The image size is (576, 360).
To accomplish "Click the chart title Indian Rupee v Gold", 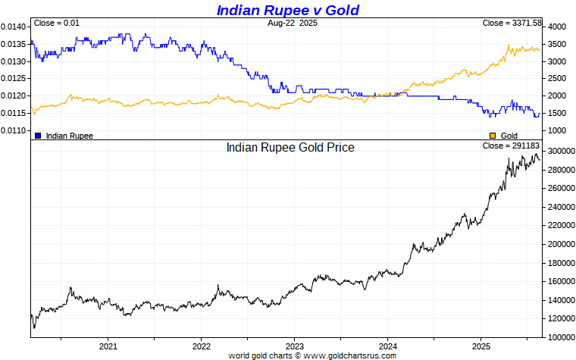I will (x=287, y=10).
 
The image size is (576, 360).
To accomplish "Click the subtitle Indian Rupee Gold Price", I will (x=290, y=147).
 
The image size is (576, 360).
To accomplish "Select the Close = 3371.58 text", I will (x=512, y=23).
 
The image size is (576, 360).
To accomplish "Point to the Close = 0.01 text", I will (x=57, y=23).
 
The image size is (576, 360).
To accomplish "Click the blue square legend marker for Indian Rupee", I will (x=38, y=136).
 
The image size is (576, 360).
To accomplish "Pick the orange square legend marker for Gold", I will (x=493, y=136).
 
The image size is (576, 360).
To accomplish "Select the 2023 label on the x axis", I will (x=294, y=346).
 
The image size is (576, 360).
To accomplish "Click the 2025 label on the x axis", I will (x=481, y=346).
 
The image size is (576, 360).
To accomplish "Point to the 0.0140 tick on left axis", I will (x=14, y=27).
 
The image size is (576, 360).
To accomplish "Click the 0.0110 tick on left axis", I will (x=14, y=131).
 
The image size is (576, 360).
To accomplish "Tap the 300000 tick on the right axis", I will (x=562, y=152).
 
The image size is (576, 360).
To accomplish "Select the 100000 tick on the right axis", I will (x=562, y=337).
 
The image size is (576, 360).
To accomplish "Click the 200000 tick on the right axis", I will (x=562, y=244).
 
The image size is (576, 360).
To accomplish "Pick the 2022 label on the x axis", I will (x=201, y=346).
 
